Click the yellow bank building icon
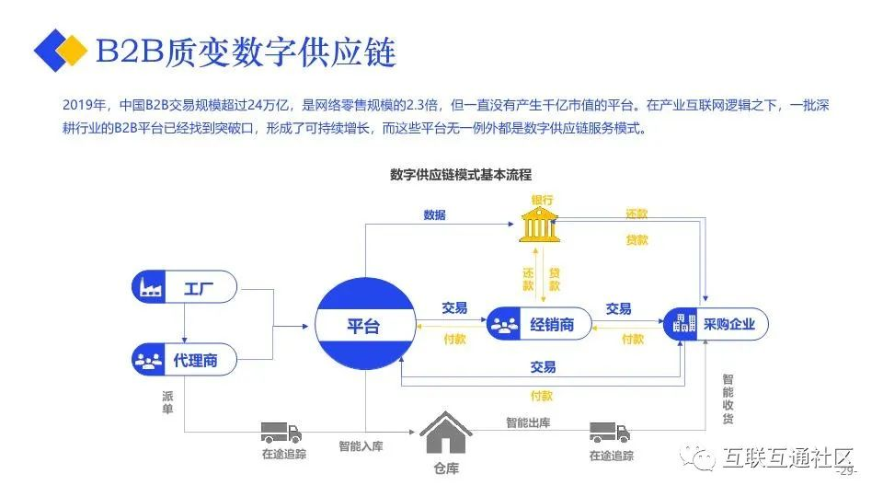pyautogui.click(x=539, y=225)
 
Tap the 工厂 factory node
pyautogui.click(x=184, y=287)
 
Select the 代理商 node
pyautogui.click(x=184, y=359)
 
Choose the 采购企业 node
pyautogui.click(x=716, y=323)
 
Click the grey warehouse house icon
pyautogui.click(x=445, y=433)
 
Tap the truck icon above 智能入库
pyautogui.click(x=281, y=433)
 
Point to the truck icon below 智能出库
pyautogui.click(x=609, y=433)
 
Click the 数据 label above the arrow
pyautogui.click(x=434, y=214)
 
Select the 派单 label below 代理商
pyautogui.click(x=167, y=402)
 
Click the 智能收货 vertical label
pyautogui.click(x=728, y=399)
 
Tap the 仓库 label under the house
pyautogui.click(x=446, y=468)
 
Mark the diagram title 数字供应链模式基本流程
pyautogui.click(x=461, y=175)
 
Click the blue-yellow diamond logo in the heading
pyautogui.click(x=61, y=50)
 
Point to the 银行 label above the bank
pyautogui.click(x=542, y=200)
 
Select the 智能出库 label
pyautogui.click(x=528, y=422)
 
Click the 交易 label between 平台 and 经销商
pyautogui.click(x=453, y=307)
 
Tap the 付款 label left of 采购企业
pyautogui.click(x=633, y=340)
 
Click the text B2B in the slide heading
pyautogui.click(x=130, y=52)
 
